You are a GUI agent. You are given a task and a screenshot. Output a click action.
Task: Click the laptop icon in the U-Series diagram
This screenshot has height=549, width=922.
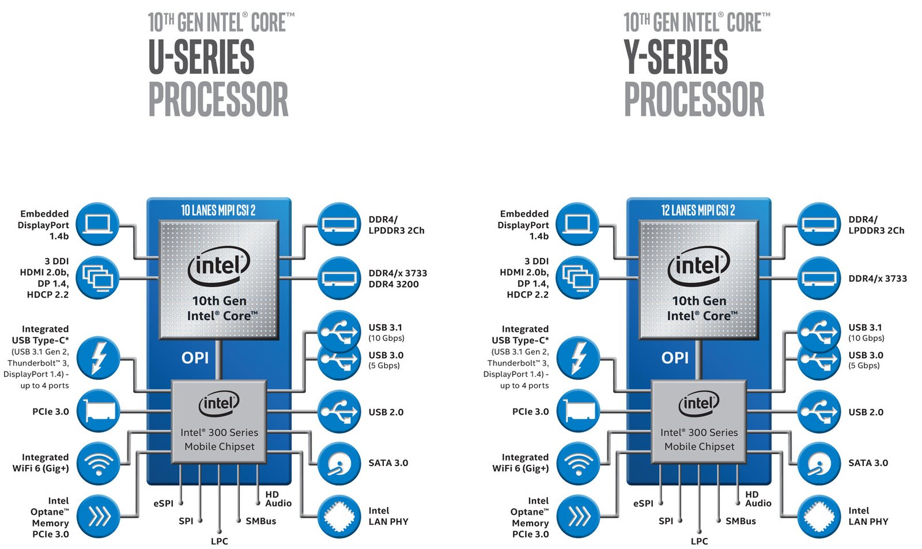pyautogui.click(x=98, y=224)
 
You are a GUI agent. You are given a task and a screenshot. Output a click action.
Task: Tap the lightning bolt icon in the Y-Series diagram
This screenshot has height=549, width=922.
pyautogui.click(x=578, y=358)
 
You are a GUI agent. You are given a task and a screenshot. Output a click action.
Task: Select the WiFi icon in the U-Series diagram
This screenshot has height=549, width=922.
pyautogui.click(x=98, y=463)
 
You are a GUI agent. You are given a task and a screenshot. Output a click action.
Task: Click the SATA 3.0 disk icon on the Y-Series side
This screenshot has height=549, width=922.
pyautogui.click(x=819, y=463)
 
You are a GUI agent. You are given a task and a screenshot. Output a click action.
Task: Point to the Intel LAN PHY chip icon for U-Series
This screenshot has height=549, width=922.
pyautogui.click(x=339, y=517)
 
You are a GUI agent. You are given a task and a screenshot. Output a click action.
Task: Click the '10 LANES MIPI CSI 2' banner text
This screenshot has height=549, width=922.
pyautogui.click(x=218, y=210)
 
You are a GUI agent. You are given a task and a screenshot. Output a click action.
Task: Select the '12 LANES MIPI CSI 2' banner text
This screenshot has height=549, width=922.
pyautogui.click(x=698, y=210)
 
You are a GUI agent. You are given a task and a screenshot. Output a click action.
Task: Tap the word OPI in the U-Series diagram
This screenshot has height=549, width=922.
pyautogui.click(x=195, y=358)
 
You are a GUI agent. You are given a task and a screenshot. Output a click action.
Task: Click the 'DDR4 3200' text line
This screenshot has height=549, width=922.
pyautogui.click(x=394, y=284)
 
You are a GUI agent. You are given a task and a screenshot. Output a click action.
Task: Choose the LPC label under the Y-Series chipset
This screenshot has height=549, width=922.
pyautogui.click(x=699, y=541)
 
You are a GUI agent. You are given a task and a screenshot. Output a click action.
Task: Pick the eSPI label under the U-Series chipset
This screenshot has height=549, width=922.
pyautogui.click(x=164, y=503)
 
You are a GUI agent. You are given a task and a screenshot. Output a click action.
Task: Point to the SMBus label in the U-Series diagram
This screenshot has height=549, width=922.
pyautogui.click(x=260, y=521)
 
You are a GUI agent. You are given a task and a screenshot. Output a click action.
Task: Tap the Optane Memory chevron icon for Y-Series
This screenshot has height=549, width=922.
pyautogui.click(x=578, y=517)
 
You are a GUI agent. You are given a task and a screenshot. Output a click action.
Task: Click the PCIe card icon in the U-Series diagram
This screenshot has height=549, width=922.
pyautogui.click(x=98, y=411)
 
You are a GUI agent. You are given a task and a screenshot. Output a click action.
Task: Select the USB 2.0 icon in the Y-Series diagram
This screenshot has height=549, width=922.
pyautogui.click(x=819, y=412)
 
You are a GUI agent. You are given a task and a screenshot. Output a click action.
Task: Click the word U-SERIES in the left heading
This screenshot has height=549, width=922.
pyautogui.click(x=201, y=57)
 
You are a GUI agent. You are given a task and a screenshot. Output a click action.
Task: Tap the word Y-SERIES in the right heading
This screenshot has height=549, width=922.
pyautogui.click(x=676, y=57)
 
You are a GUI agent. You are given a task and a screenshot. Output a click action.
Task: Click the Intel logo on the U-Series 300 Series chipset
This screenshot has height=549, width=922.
pyautogui.click(x=219, y=404)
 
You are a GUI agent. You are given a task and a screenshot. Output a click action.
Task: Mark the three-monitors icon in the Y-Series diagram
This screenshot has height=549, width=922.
pyautogui.click(x=578, y=278)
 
